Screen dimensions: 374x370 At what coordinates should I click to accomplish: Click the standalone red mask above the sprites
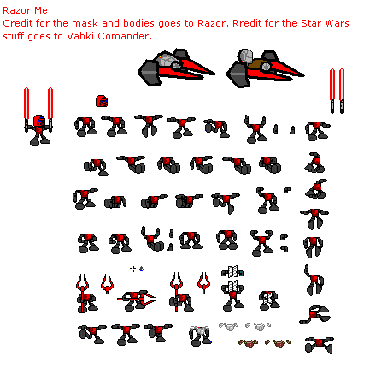tap(101, 101)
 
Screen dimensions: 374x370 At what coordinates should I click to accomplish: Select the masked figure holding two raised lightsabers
tap(38, 116)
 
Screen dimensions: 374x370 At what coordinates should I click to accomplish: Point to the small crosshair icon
tap(132, 269)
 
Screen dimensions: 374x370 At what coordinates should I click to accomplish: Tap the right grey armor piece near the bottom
tap(261, 326)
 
